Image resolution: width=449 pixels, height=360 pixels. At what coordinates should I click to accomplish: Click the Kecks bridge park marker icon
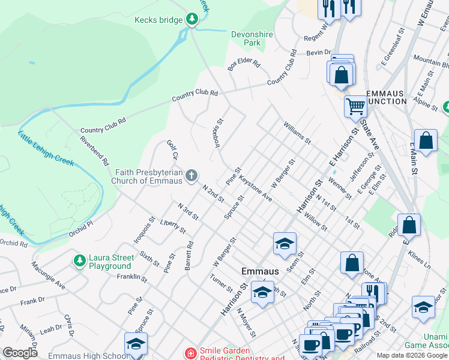pos(191,20)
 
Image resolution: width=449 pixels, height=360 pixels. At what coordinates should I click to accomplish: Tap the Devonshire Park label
pos(252,39)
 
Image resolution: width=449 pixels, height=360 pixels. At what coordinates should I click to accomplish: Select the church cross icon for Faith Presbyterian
pos(191,175)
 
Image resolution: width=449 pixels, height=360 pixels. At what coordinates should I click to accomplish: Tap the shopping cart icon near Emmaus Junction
pos(355,107)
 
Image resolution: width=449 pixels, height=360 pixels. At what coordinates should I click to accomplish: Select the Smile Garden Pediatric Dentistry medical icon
pos(190,353)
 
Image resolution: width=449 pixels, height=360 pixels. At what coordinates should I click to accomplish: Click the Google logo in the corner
pos(20,353)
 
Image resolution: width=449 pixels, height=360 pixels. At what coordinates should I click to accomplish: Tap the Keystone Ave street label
pos(256,188)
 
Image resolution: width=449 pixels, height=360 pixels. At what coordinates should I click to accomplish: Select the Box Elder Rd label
pos(244,65)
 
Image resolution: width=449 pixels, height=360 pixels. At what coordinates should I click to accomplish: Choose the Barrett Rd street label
pos(189,255)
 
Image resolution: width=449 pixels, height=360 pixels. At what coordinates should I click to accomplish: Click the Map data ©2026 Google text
pos(412,355)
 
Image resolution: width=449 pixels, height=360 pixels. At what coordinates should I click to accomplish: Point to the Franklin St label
pos(133,278)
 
